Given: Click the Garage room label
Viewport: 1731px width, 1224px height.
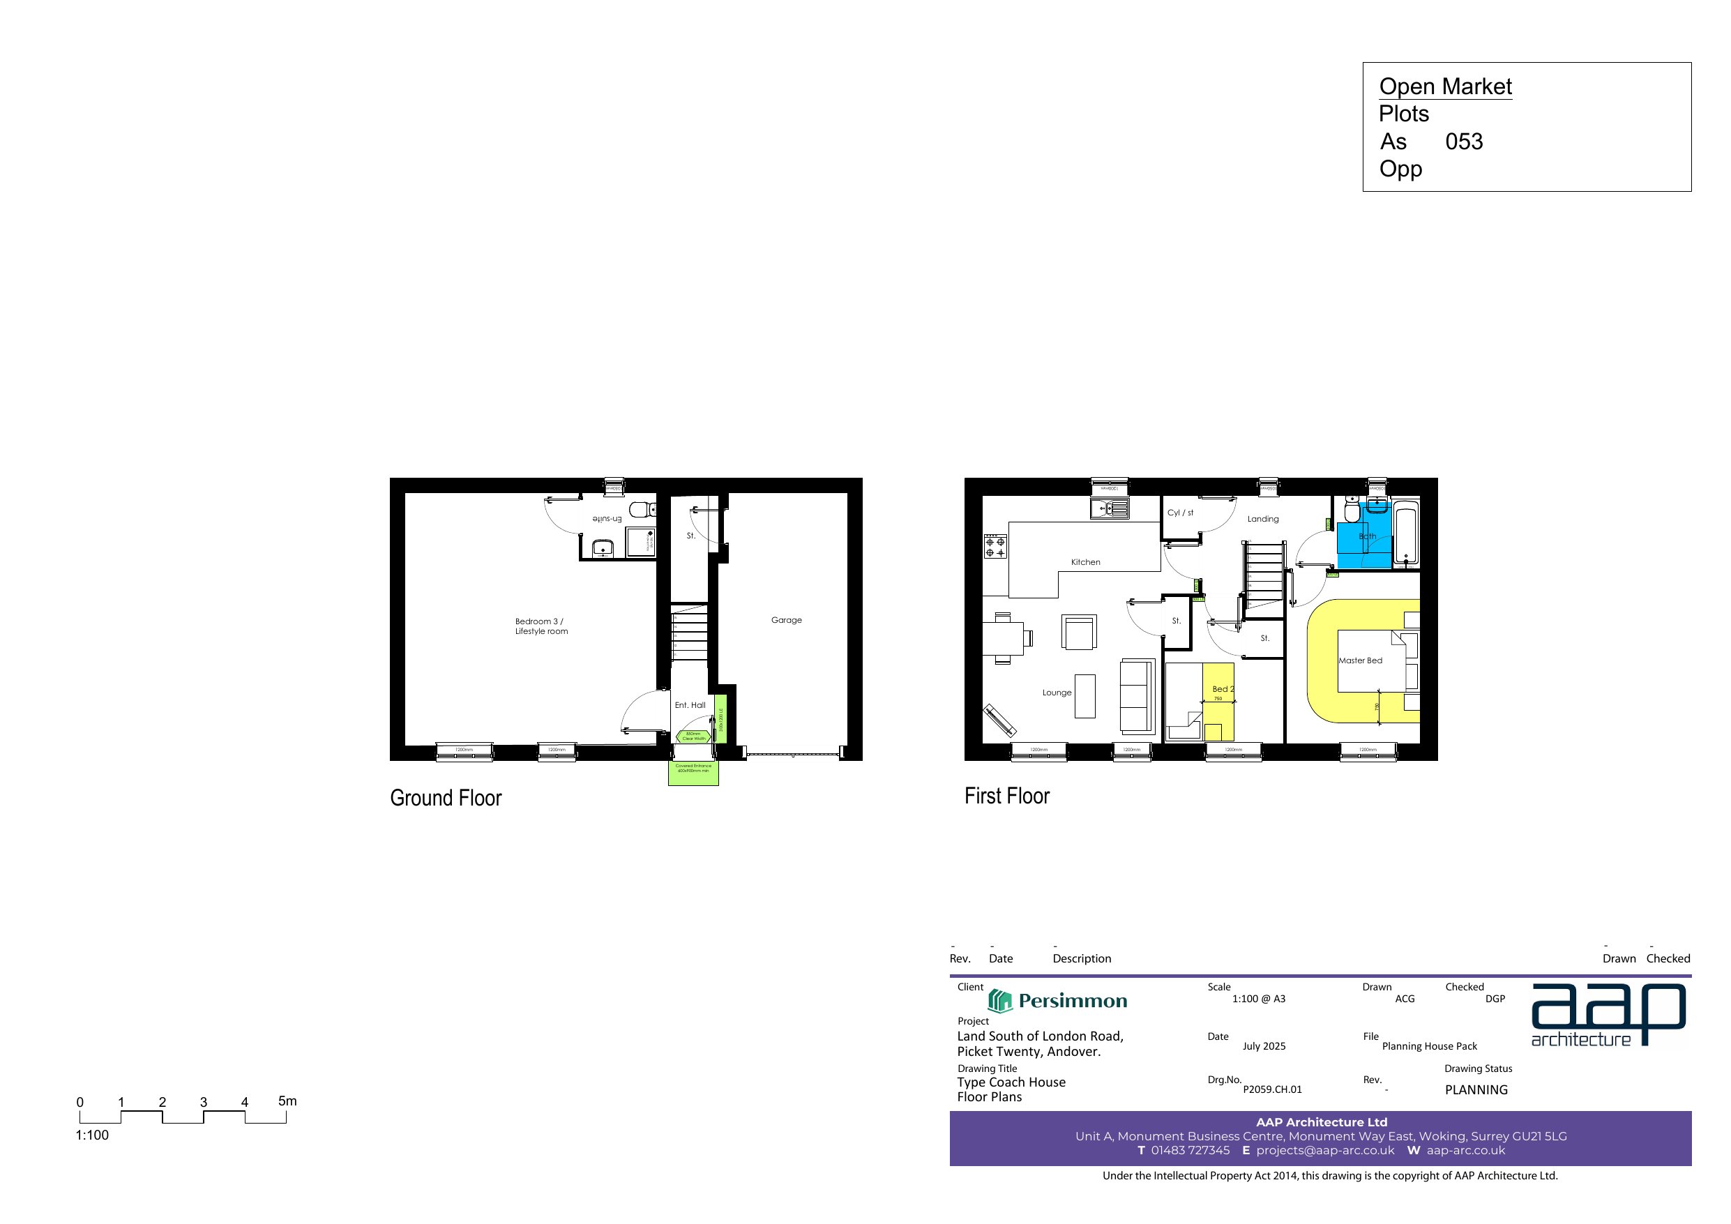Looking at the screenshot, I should [785, 620].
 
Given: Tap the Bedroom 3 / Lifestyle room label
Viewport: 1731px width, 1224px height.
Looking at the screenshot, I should [541, 626].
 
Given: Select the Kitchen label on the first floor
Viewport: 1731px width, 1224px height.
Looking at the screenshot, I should [1085, 562].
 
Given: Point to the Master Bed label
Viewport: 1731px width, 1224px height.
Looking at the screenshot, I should [1360, 660].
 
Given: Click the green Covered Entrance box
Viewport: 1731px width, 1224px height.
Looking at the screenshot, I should [693, 773].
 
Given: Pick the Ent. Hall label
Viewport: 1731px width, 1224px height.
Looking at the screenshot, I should [690, 705].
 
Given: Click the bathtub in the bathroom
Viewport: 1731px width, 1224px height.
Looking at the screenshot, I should [1405, 536].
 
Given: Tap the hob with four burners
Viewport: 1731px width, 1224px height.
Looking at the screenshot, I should [995, 547].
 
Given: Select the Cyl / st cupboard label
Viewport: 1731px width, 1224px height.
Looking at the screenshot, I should [1180, 513].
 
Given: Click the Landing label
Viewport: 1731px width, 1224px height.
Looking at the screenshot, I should [1263, 519].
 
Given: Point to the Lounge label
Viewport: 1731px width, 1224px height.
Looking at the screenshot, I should [1056, 693].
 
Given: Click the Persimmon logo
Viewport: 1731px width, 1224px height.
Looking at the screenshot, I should [1057, 1001].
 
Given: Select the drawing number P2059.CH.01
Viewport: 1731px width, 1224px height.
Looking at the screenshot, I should [1272, 1089].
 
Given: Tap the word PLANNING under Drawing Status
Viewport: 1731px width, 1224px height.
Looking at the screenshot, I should [1476, 1090].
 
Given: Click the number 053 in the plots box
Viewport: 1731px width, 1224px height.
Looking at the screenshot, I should [1463, 142].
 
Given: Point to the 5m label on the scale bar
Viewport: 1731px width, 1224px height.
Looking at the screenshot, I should [287, 1101].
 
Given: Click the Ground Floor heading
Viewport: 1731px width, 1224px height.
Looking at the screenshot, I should [446, 798].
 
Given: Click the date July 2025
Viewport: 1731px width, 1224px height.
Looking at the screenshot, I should [1264, 1046].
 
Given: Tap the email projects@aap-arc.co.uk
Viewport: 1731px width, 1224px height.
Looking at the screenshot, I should [1324, 1150].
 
